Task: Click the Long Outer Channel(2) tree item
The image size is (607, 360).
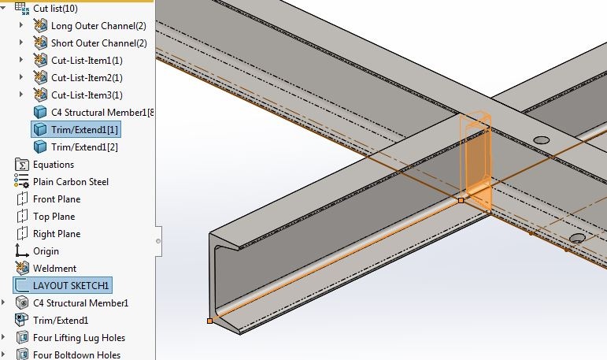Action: point(98,26)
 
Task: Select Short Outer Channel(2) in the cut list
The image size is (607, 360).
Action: point(99,43)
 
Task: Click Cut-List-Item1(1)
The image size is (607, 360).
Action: point(87,61)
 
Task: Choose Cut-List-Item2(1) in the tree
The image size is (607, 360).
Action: point(87,78)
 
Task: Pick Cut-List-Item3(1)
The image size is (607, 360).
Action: point(87,95)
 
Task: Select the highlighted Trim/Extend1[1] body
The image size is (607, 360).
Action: point(84,130)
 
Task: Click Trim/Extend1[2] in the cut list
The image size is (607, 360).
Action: point(84,147)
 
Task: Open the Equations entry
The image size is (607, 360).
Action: point(54,165)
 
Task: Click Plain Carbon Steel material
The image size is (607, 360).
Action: point(71,182)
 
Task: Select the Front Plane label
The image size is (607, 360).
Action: point(57,199)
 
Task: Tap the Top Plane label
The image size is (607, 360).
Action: point(54,217)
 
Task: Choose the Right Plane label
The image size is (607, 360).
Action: point(57,234)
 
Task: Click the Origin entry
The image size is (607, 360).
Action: point(46,251)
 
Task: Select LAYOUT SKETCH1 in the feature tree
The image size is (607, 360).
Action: point(71,286)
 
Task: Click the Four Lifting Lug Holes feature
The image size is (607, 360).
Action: point(79,338)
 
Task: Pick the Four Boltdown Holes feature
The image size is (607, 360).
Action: point(76,355)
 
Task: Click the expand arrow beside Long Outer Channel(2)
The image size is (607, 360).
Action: point(21,25)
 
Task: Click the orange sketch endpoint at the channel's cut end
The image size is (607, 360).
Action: point(210,321)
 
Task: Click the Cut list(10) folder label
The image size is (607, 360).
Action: point(55,9)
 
